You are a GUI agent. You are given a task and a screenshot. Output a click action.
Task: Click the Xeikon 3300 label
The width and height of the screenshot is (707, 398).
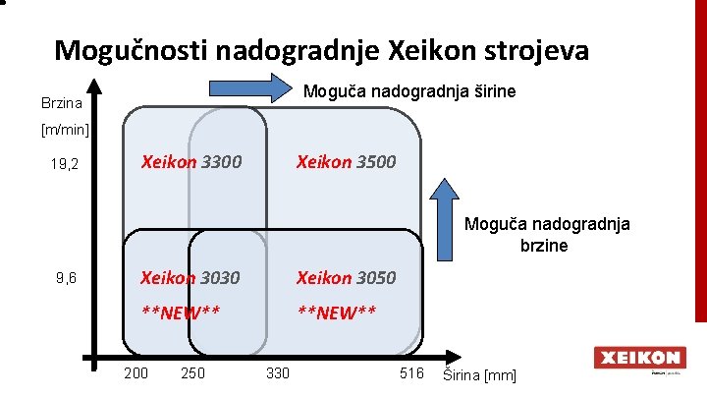coord(190,161)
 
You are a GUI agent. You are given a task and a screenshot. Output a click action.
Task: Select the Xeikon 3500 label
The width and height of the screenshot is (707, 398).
coord(347,161)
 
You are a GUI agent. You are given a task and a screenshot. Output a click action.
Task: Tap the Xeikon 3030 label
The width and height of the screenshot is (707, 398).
coord(190,278)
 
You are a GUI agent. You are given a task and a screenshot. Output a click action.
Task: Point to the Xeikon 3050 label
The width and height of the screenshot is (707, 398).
coord(347,278)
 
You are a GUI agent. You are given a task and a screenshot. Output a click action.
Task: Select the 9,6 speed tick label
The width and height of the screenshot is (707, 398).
coord(67,279)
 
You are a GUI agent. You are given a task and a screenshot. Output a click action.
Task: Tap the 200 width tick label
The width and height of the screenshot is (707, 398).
coord(136,373)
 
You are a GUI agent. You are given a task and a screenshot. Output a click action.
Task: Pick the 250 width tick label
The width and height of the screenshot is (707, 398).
coord(193,373)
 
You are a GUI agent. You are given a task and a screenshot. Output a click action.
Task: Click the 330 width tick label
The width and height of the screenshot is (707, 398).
coord(278,373)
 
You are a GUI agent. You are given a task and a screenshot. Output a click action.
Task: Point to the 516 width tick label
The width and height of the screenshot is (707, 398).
coord(411,373)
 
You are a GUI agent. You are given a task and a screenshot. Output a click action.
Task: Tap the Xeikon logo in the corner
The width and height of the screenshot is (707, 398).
coord(638,359)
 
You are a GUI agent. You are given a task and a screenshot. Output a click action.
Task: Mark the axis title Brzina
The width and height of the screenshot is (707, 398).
coord(61,103)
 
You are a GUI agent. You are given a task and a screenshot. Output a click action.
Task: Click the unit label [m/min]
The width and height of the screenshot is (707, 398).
coord(65,130)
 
